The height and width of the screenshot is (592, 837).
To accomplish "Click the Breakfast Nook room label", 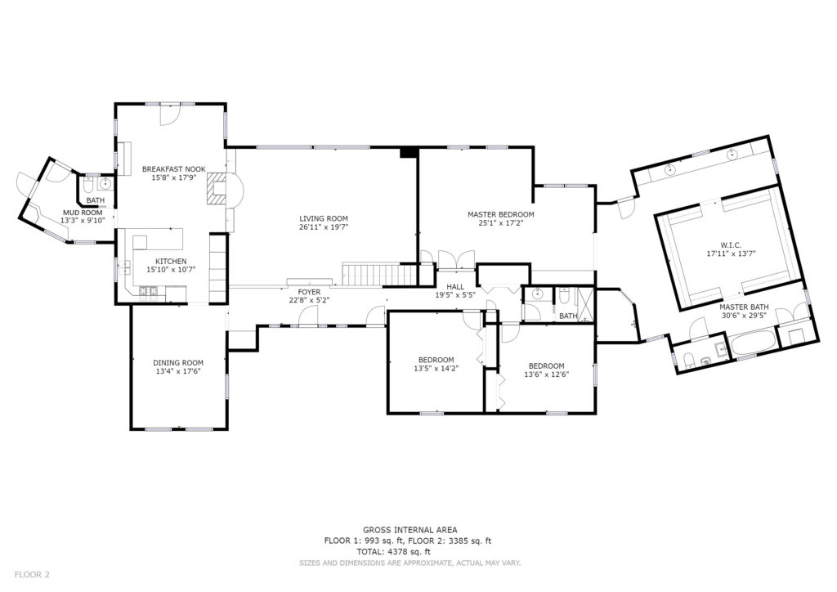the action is click(173, 169).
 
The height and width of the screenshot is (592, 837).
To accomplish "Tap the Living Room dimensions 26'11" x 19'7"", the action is click(324, 226).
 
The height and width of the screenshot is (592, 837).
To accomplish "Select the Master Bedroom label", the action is click(501, 214).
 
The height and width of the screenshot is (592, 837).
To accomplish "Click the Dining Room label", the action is click(178, 363).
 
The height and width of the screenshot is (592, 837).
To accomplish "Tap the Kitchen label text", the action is click(171, 261).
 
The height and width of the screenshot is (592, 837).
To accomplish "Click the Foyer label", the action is click(309, 292).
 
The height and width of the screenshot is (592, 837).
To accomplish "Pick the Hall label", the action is click(455, 287).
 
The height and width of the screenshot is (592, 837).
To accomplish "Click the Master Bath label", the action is click(744, 307).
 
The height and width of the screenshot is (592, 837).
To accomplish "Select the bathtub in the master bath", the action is click(753, 343).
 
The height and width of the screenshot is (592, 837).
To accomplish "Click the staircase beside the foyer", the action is click(378, 274).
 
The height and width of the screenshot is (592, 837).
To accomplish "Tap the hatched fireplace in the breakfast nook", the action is click(217, 188).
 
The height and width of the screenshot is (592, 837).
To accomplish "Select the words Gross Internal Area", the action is click(410, 530).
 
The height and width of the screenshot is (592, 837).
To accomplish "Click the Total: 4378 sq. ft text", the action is click(394, 552).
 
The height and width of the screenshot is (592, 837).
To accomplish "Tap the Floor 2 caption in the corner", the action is click(32, 575).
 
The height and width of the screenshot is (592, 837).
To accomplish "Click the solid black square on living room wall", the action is click(409, 152).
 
